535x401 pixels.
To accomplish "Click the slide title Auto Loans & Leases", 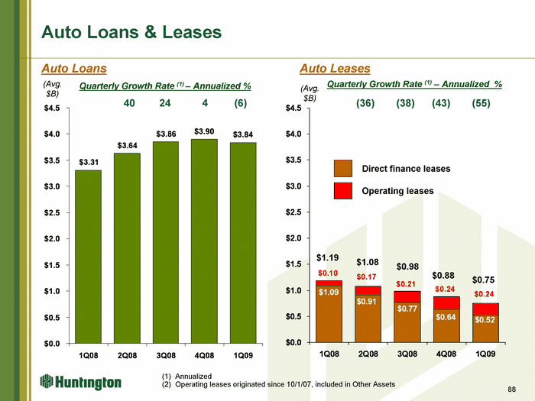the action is tap(131, 32).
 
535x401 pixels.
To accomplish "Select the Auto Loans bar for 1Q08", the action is tap(89, 257).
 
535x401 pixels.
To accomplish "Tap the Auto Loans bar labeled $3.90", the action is tap(204, 241).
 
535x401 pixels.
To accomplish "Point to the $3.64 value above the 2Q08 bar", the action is tap(128, 146).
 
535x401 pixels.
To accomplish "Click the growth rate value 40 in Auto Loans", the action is tap(129, 103).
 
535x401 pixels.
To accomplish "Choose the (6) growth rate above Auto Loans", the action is tap(240, 103).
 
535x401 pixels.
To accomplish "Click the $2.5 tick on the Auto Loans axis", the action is tap(52, 213).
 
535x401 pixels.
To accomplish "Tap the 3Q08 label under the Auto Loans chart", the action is tap(166, 356).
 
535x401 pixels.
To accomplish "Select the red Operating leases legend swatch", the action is tap(343, 191).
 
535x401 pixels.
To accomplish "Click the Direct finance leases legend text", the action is tap(406, 169).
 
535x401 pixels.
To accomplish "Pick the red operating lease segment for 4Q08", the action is tap(446, 303).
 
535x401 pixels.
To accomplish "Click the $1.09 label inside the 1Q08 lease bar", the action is tap(329, 293).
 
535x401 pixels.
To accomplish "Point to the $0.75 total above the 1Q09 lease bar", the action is tap(483, 280).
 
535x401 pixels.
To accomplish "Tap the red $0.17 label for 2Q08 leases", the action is tap(366, 276).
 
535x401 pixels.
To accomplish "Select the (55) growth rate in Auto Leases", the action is tap(481, 103).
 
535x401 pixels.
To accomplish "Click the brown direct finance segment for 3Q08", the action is tap(407, 322).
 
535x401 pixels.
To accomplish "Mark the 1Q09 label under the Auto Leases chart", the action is tap(485, 354).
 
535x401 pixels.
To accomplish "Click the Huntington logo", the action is tap(81, 382).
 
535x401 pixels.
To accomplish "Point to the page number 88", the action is tap(512, 389).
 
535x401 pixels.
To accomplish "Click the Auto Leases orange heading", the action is tap(335, 69).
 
